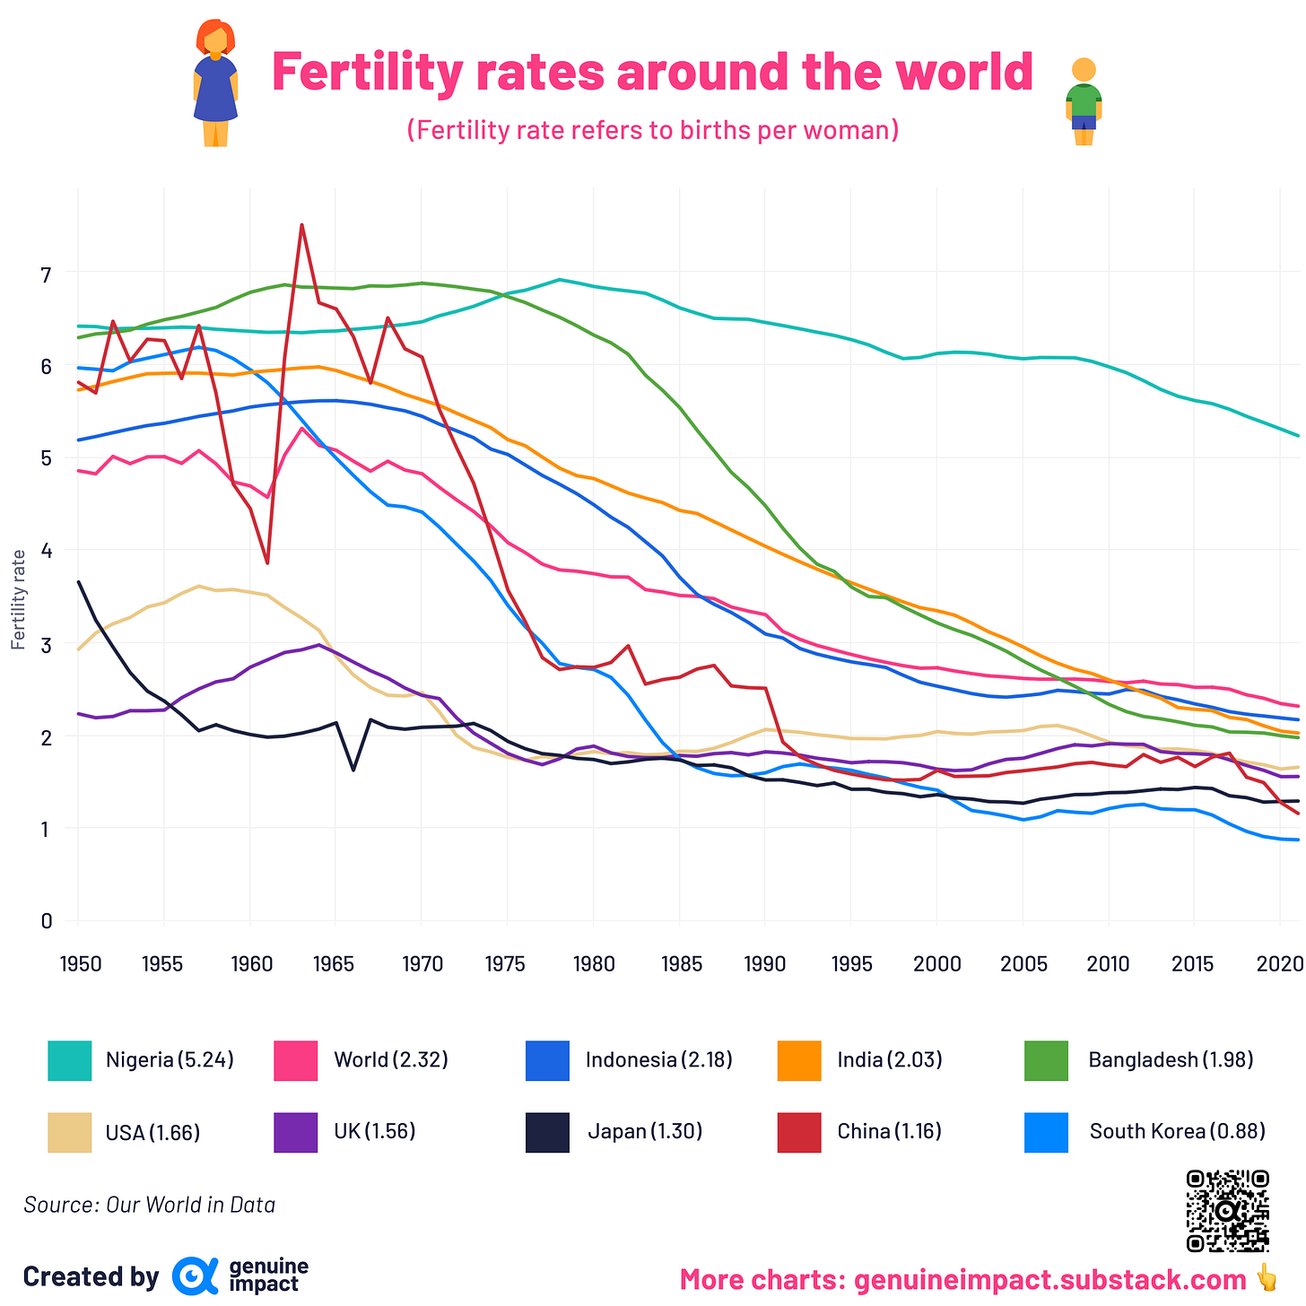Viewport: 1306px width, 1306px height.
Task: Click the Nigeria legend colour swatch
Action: pyautogui.click(x=70, y=1060)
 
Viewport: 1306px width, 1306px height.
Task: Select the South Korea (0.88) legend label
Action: pyautogui.click(x=1177, y=1131)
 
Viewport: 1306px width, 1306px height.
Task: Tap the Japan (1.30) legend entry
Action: pyautogui.click(x=644, y=1131)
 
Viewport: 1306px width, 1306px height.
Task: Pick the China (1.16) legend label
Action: pyautogui.click(x=889, y=1131)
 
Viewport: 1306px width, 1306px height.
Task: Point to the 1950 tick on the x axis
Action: pyautogui.click(x=78, y=964)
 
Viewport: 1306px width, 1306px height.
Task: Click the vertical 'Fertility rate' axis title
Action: pyautogui.click(x=18, y=599)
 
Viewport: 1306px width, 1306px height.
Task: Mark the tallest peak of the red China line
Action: pyautogui.click(x=302, y=225)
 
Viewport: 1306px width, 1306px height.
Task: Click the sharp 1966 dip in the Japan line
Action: pyautogui.click(x=353, y=770)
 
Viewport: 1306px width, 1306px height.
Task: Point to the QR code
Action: pyautogui.click(x=1227, y=1210)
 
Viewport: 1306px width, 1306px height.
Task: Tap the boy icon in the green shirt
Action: pyautogui.click(x=1084, y=101)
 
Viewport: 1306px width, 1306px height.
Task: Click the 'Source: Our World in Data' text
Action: pyautogui.click(x=149, y=1205)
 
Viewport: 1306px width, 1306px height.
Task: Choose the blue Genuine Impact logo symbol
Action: pyautogui.click(x=195, y=1276)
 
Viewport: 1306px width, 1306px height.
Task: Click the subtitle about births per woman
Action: pyautogui.click(x=652, y=131)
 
